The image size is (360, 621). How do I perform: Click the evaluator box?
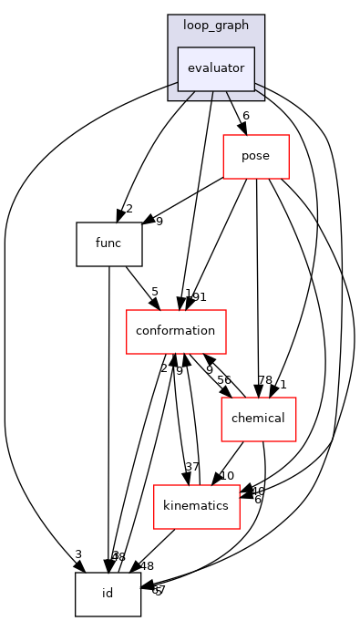coord(215,69)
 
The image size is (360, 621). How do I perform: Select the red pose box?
coord(256,156)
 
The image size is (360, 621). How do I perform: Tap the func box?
coord(108,243)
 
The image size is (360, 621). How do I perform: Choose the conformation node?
coord(176,331)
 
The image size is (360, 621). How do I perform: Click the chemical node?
coord(259,419)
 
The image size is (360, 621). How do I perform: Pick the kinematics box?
coord(196,506)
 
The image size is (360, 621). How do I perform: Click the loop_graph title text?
coord(216,26)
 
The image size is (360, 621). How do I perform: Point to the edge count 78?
coord(266,380)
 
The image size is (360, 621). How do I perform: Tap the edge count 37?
coord(193,468)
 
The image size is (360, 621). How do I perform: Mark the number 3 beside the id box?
coord(79,555)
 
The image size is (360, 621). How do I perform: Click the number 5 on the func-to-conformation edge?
coord(155,293)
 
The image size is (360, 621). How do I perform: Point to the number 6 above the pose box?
coord(245,116)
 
